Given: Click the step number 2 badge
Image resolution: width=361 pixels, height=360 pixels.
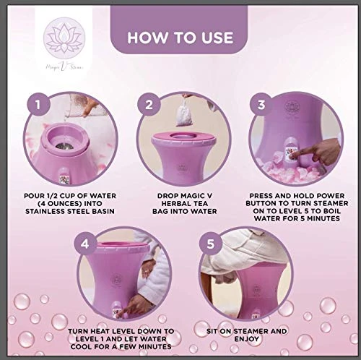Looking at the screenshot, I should (x=148, y=106).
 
